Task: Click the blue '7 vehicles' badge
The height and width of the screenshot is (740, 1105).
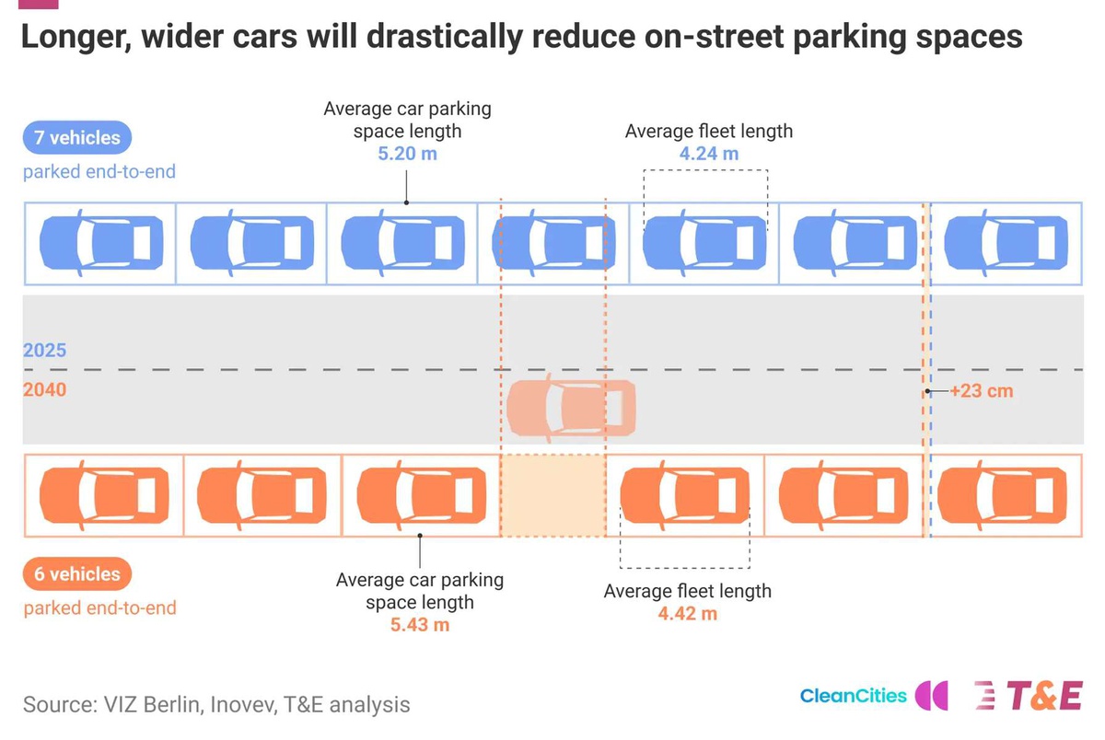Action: point(77,137)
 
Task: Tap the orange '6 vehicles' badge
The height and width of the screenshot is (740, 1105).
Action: point(77,573)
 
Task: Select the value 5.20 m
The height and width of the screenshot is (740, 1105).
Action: point(407,154)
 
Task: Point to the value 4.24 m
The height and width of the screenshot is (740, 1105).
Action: point(709,154)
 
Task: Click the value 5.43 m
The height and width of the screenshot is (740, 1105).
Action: point(420,625)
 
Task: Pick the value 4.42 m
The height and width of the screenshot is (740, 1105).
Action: point(688,613)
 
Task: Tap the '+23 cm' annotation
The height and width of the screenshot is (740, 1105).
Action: point(982,391)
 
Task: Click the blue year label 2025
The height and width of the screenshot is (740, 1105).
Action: point(44,350)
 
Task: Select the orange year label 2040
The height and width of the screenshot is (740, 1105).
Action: point(44,389)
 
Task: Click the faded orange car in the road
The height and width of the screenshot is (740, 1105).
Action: point(571,408)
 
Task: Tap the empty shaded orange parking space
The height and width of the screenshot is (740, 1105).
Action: point(553,495)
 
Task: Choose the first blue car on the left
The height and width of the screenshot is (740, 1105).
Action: point(101,243)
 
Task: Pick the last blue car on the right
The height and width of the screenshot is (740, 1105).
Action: point(1006,243)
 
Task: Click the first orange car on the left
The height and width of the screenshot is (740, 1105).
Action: point(104,495)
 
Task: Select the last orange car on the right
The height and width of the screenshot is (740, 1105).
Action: point(1002,495)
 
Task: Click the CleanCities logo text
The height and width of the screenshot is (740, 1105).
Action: point(853,696)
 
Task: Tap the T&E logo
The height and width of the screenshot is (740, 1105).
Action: point(1029,696)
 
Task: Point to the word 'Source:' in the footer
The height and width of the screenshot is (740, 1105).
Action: point(60,704)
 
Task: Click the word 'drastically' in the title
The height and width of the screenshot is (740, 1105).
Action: point(445,37)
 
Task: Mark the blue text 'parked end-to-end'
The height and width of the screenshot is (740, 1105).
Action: point(99,171)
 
